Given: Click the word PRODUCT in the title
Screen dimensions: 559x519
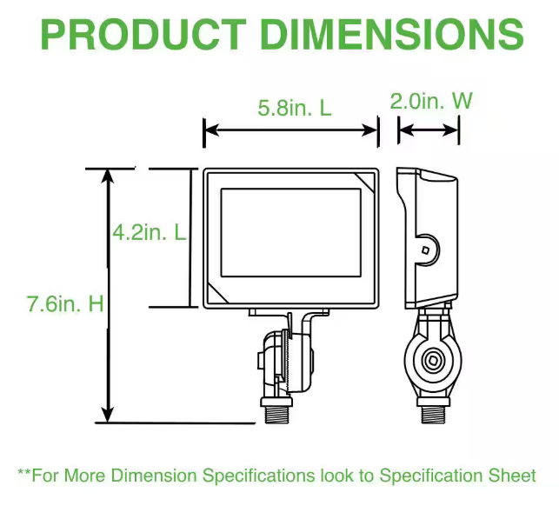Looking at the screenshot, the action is pos(143,35).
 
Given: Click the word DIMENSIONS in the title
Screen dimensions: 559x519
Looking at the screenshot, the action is pos(392,35).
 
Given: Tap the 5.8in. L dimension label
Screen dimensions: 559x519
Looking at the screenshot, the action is pos(295,108).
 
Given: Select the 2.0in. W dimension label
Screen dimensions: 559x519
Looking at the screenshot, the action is pos(431,101).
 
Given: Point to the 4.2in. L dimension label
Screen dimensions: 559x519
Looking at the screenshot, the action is pos(150,232).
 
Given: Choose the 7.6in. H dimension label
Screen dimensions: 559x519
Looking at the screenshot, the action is pos(65,303).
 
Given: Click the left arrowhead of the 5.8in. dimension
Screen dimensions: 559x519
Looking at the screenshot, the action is pos(212,130).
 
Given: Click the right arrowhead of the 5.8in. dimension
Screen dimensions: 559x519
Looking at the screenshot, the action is pos(369,130).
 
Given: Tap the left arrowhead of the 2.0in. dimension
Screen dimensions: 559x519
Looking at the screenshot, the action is pos(406,130).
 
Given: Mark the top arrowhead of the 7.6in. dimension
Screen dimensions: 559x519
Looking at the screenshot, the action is pos(107,176).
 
